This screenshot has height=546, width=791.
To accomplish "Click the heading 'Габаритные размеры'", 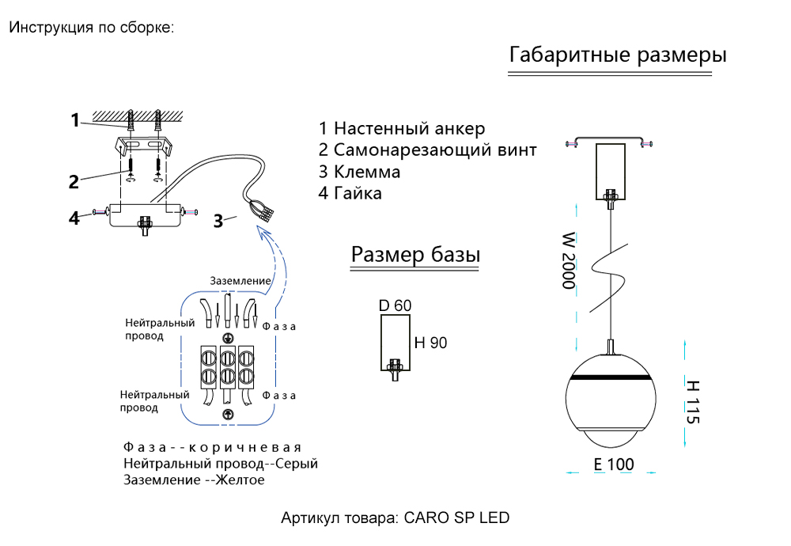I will pyautogui.click(x=618, y=56).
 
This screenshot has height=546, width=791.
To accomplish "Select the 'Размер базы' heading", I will pyautogui.click(x=415, y=255).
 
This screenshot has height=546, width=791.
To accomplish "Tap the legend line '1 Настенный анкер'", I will pyautogui.click(x=402, y=128).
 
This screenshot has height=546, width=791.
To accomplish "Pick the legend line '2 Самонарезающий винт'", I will pyautogui.click(x=428, y=150).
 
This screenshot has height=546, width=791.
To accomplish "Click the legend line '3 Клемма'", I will pyautogui.click(x=359, y=172).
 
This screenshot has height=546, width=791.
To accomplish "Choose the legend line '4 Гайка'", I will pyautogui.click(x=350, y=193).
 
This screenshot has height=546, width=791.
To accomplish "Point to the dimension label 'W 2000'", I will pyautogui.click(x=568, y=260).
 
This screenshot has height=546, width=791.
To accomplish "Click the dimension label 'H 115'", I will pyautogui.click(x=693, y=402).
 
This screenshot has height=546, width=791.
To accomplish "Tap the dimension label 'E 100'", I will pyautogui.click(x=614, y=464).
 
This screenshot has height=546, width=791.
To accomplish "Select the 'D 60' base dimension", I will pyautogui.click(x=395, y=305).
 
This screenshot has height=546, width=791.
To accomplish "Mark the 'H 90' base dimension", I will pyautogui.click(x=431, y=343).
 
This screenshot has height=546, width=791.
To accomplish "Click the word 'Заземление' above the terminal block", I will pyautogui.click(x=240, y=281).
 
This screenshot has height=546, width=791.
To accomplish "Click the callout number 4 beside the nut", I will pyautogui.click(x=74, y=218).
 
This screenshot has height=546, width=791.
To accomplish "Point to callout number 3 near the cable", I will pyautogui.click(x=218, y=221).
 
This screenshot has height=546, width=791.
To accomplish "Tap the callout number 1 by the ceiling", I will pyautogui.click(x=75, y=120).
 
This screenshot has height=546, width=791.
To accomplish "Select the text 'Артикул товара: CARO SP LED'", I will pyautogui.click(x=395, y=518).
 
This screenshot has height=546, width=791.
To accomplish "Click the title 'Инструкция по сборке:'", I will pyautogui.click(x=91, y=28).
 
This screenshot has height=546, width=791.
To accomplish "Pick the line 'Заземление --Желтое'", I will pyautogui.click(x=194, y=480).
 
